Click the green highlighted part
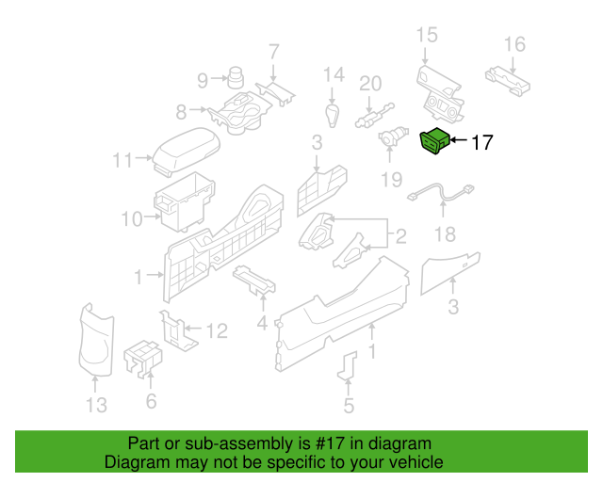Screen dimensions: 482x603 click(x=433, y=141)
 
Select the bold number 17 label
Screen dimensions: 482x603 click(x=481, y=143)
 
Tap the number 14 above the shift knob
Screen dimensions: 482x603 click(x=334, y=75)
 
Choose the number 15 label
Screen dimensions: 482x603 click(x=427, y=36)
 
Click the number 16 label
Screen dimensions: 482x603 click(x=513, y=44)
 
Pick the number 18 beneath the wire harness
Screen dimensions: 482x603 click(x=443, y=234)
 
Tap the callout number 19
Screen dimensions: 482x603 click(x=391, y=179)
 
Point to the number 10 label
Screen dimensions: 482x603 click(x=131, y=220)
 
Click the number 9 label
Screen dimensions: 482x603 click(x=204, y=80)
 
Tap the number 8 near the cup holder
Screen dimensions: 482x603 click(x=181, y=113)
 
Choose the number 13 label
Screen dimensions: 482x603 click(x=96, y=406)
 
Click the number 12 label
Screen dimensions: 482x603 click(x=217, y=330)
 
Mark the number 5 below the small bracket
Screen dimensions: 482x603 click(x=349, y=407)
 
